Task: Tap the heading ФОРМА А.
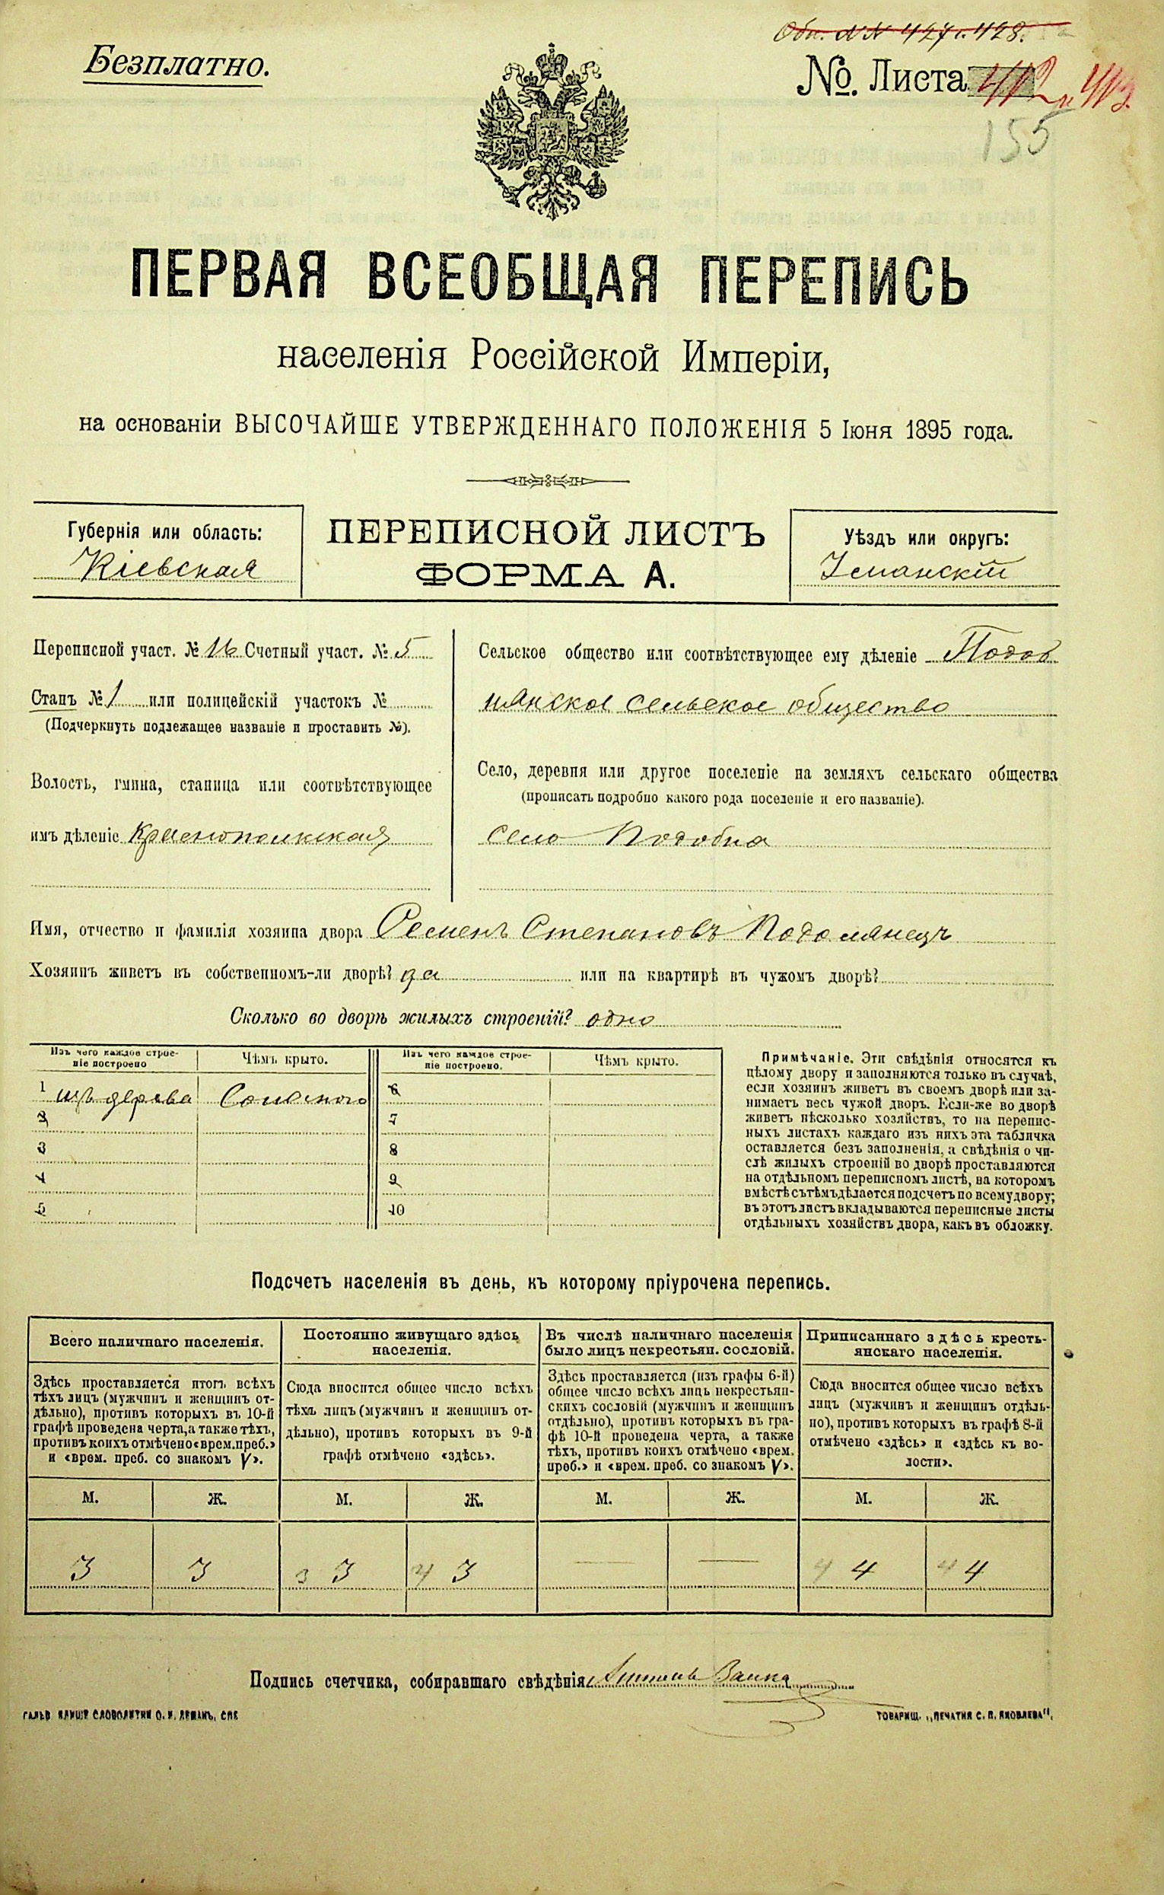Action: pos(543,575)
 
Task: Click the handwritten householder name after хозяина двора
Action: pos(662,932)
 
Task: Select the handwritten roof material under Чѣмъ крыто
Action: pos(281,1101)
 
